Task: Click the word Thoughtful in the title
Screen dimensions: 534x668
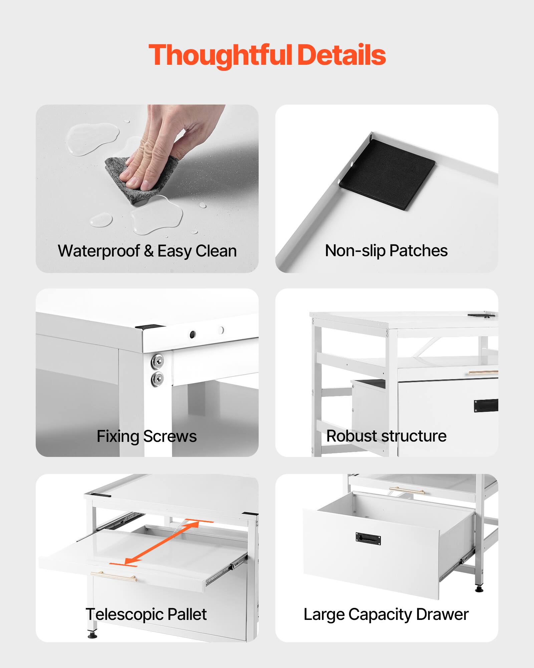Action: (221, 55)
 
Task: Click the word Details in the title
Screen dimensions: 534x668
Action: (341, 55)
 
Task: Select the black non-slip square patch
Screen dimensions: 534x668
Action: (387, 174)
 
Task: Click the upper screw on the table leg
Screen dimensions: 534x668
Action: (157, 361)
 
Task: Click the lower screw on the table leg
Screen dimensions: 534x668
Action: (157, 379)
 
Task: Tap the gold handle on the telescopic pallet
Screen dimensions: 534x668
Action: (113, 576)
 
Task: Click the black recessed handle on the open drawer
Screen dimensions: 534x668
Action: (368, 539)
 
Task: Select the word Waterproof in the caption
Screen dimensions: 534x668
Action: (99, 251)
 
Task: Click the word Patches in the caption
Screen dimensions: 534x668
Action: (419, 251)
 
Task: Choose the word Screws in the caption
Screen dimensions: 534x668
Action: (170, 436)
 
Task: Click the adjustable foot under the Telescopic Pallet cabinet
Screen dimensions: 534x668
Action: (92, 634)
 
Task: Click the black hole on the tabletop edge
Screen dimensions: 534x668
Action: (193, 334)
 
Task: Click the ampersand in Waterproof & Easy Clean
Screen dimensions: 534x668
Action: (149, 251)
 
